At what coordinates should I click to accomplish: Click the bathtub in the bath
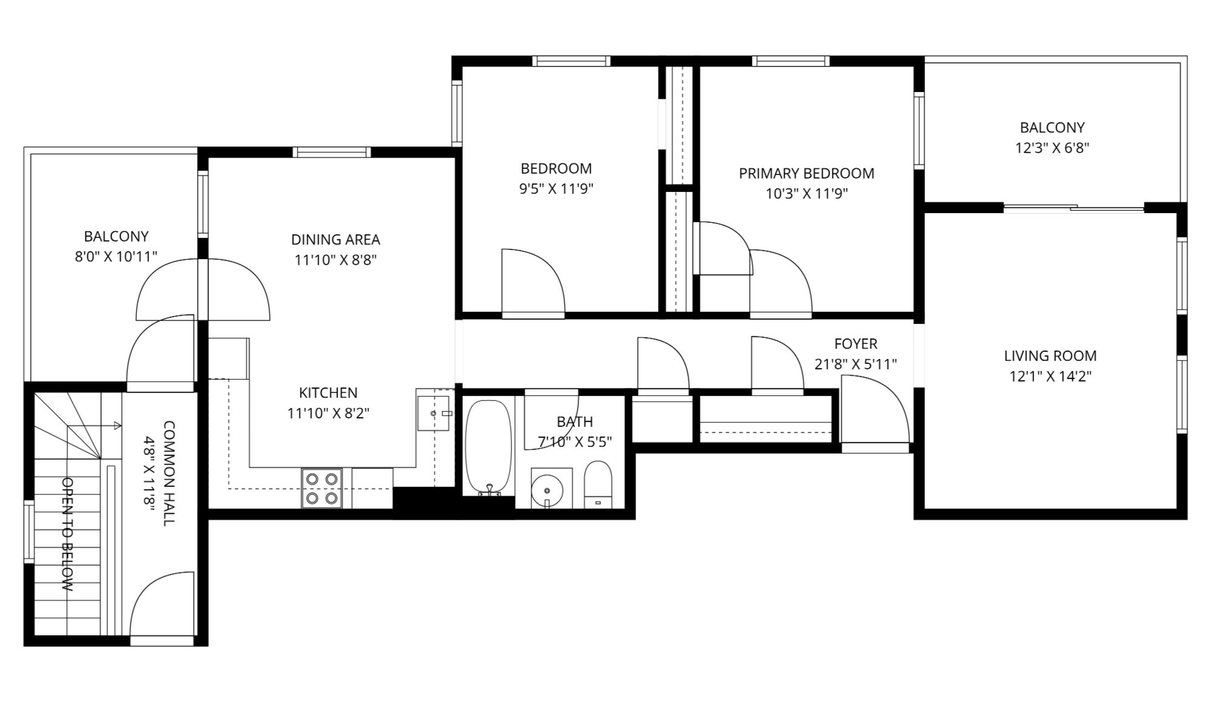pos(488,447)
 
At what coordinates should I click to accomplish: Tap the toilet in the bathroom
pos(598,484)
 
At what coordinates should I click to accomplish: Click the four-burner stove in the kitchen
pos(322,488)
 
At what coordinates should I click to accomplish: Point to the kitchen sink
pos(434,413)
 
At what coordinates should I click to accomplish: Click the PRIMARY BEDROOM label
pos(806,173)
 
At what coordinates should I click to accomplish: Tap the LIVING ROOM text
pos(1050,356)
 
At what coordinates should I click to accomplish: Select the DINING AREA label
pos(336,239)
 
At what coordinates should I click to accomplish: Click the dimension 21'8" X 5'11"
pos(855,364)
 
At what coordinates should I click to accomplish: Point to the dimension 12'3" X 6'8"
pos(1052,148)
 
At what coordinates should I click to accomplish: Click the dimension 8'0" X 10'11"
pos(116,257)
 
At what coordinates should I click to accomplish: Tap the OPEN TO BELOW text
pos(68,534)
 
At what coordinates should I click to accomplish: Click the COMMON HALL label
pos(169,473)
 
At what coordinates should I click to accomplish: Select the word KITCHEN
pos(328,392)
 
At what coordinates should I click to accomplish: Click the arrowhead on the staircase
pos(118,426)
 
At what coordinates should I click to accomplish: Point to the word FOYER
pos(855,343)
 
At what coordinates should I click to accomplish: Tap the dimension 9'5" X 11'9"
pos(556,188)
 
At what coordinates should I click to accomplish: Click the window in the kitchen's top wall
pos(332,152)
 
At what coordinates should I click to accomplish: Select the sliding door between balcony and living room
pos(1073,208)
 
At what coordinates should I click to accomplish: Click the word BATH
pos(575,422)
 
